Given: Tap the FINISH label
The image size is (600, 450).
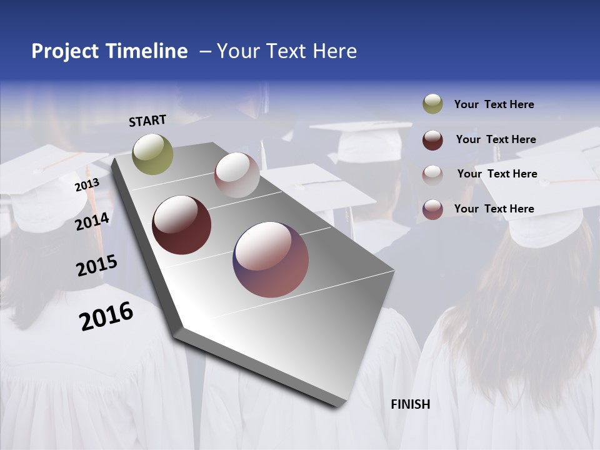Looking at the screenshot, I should [411, 404].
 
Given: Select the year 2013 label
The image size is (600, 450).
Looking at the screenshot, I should [87, 185].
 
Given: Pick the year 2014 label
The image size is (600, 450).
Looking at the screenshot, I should [92, 221].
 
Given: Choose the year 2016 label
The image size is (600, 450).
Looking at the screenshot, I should [106, 316].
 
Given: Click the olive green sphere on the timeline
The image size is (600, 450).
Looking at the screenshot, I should [152, 154].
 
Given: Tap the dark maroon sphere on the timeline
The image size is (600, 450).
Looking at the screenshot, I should [182, 225].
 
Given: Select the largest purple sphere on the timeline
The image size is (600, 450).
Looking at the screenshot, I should [271, 259].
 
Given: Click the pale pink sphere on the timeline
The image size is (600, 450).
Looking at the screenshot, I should [237, 175].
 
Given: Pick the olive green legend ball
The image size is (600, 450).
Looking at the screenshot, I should [432, 104].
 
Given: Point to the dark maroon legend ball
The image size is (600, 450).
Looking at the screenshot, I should [432, 139].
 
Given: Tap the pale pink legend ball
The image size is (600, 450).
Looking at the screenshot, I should [432, 174].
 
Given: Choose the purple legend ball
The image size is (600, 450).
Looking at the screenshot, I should [432, 209].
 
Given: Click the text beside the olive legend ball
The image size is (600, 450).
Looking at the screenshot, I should [494, 104].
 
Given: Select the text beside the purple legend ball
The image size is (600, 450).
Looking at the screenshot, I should [494, 209].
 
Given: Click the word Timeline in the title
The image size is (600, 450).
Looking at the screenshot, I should [147, 51].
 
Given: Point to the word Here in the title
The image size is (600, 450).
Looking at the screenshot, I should [334, 51].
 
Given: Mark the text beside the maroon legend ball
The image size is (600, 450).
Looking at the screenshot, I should [496, 139].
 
